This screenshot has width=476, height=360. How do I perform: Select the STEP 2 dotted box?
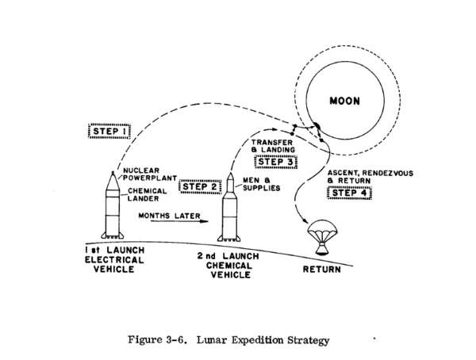tap(198, 188)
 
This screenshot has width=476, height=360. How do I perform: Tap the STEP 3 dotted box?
tap(274, 163)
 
